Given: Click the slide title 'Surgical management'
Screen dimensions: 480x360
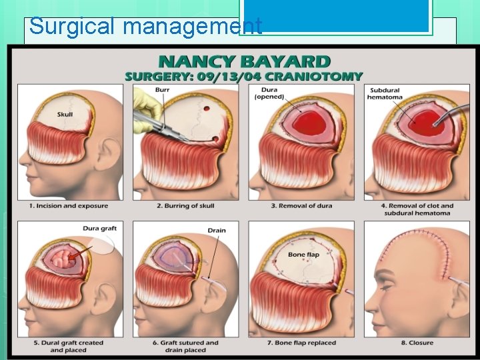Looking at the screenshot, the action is click(145, 27).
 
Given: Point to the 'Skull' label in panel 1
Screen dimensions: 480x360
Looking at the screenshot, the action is click(65, 114).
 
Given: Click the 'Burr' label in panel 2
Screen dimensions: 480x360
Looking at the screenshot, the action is click(162, 89).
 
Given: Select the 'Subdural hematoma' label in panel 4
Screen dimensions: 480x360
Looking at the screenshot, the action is click(385, 93).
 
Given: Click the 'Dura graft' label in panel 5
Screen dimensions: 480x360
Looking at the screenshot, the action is click(99, 229).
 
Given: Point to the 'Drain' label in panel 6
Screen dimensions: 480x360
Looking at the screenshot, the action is click(217, 231).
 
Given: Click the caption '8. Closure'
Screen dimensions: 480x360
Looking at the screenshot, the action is click(416, 343).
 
